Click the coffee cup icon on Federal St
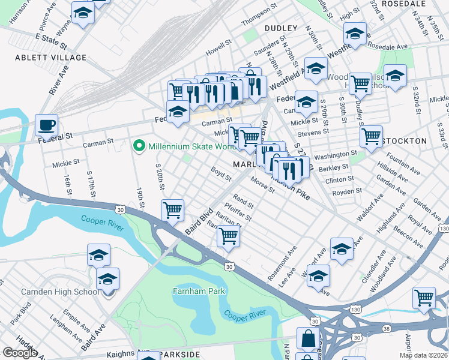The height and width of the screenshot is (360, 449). (x=46, y=126)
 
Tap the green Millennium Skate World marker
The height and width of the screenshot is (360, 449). (x=139, y=146)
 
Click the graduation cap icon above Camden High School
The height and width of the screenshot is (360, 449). (x=108, y=280)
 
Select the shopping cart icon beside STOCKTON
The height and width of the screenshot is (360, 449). (x=371, y=136)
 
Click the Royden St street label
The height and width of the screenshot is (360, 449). (x=348, y=191)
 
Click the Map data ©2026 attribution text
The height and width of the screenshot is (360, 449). (x=423, y=355)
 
